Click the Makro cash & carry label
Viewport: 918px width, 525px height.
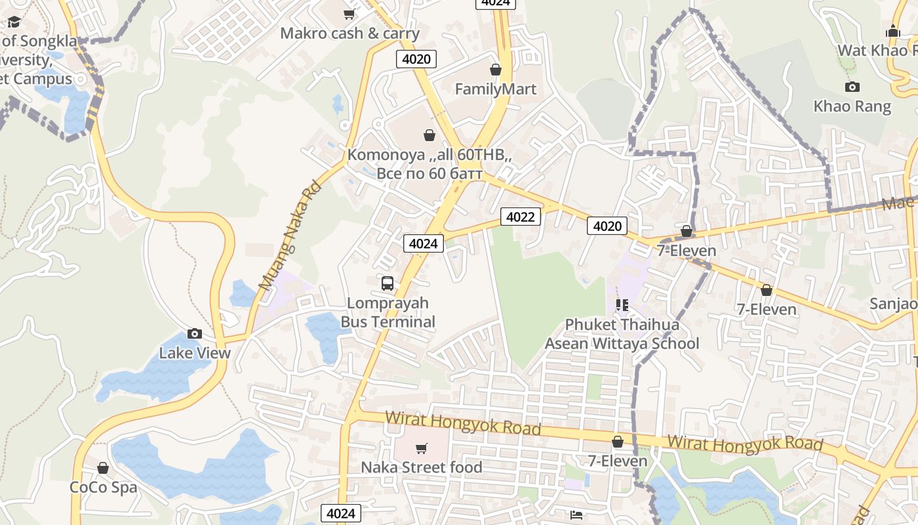click(x=349, y=33)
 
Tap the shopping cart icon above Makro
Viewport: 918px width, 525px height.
click(x=349, y=14)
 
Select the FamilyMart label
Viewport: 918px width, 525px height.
click(x=496, y=89)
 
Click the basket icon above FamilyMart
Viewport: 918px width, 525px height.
click(x=496, y=70)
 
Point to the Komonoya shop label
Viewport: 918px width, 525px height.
click(x=429, y=164)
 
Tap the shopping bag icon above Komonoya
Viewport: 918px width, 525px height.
click(x=429, y=135)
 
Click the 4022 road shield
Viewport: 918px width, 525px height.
click(x=521, y=217)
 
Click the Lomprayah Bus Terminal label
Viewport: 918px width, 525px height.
click(x=388, y=312)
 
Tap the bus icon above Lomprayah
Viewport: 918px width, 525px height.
click(x=388, y=283)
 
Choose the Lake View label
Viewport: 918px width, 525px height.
click(x=195, y=353)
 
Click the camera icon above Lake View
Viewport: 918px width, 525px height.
click(x=195, y=333)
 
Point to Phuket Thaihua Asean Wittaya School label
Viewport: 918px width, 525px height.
click(x=622, y=334)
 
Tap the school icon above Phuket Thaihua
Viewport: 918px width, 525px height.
click(x=622, y=305)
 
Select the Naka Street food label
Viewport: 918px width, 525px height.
click(x=422, y=467)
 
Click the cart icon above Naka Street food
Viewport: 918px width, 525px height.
click(x=422, y=448)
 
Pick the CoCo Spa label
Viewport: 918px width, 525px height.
click(x=104, y=488)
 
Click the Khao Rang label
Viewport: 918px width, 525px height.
click(x=852, y=106)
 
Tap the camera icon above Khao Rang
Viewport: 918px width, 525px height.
click(x=852, y=87)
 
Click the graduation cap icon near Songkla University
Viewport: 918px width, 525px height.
click(x=14, y=22)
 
